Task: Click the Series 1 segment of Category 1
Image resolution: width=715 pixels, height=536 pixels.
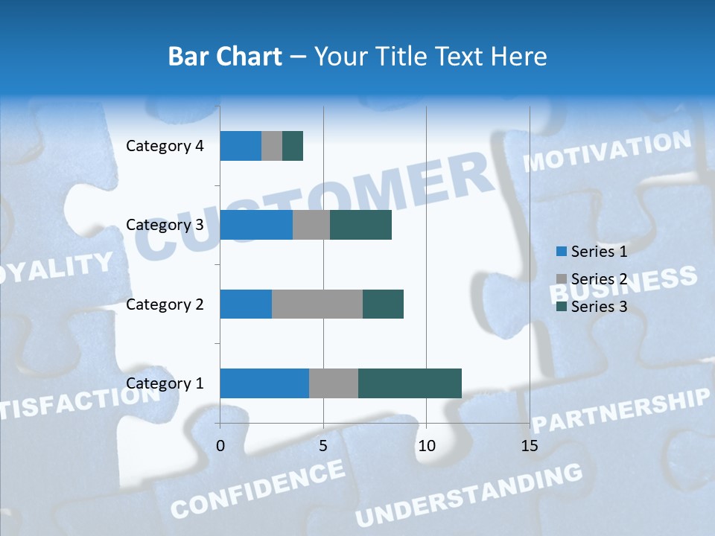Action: pyautogui.click(x=264, y=383)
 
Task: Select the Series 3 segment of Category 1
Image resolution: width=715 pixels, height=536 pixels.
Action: pyautogui.click(x=410, y=383)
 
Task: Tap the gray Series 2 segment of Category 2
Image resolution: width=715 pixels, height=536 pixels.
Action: pyautogui.click(x=317, y=304)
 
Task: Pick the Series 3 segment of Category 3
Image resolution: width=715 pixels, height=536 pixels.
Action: pyautogui.click(x=360, y=225)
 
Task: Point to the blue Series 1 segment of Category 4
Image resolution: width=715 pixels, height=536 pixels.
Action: pyautogui.click(x=241, y=145)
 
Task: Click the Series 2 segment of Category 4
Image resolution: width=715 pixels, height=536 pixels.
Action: pyautogui.click(x=272, y=145)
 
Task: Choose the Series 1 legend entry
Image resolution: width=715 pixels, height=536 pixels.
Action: pyautogui.click(x=592, y=252)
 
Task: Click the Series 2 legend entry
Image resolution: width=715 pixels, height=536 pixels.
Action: pyautogui.click(x=592, y=279)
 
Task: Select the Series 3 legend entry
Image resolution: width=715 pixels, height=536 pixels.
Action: pyautogui.click(x=592, y=307)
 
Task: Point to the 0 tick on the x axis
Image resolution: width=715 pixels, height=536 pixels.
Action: pyautogui.click(x=220, y=446)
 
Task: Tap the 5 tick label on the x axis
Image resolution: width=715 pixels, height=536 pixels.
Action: pyautogui.click(x=323, y=446)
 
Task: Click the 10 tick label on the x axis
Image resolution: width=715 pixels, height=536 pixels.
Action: pyautogui.click(x=426, y=446)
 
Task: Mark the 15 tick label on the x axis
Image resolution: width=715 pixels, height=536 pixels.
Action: pyautogui.click(x=530, y=446)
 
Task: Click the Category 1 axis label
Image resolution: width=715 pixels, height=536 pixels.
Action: pyautogui.click(x=165, y=383)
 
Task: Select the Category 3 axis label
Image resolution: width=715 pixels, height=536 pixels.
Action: pyautogui.click(x=165, y=225)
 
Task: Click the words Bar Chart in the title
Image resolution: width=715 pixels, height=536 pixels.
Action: pyautogui.click(x=225, y=57)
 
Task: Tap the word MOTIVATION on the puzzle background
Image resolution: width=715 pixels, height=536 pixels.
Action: pyautogui.click(x=608, y=150)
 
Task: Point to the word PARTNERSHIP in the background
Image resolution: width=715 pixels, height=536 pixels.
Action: pyautogui.click(x=623, y=411)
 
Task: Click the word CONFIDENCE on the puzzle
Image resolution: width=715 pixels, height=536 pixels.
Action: pyautogui.click(x=258, y=488)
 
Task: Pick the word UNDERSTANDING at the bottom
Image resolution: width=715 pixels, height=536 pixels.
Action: pyautogui.click(x=469, y=494)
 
